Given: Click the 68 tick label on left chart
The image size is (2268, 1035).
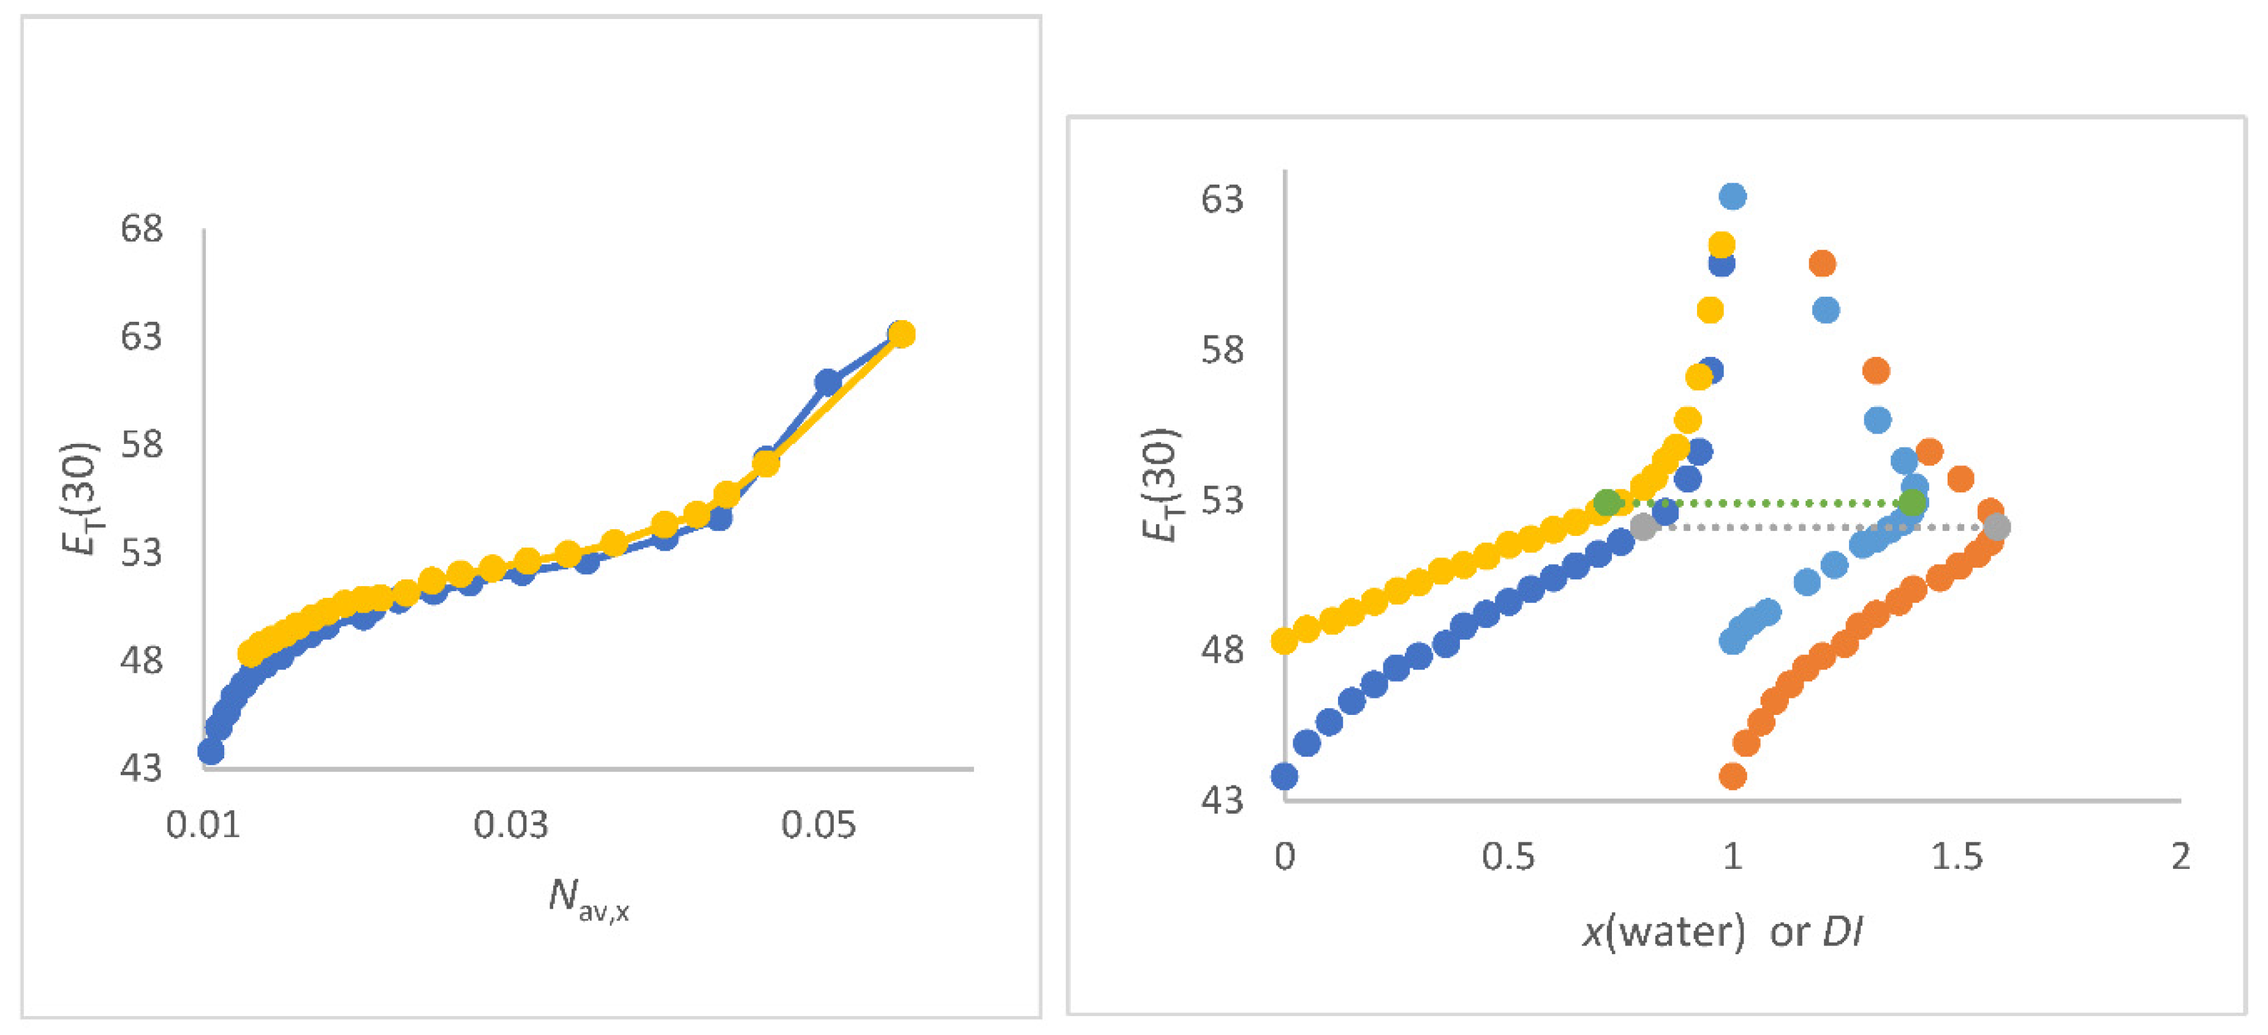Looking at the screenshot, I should pos(142,229).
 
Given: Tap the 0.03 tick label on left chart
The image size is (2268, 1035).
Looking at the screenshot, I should pos(511,825).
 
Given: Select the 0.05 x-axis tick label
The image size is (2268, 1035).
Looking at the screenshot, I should pos(818,825).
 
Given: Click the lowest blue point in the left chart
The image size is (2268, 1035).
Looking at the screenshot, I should pos(210,751).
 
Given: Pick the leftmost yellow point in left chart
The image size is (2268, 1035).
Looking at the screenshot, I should pos(251,654).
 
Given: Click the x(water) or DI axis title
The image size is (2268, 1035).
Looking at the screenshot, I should pos(1722,931).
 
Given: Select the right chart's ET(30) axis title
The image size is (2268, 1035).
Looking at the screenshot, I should pos(1160,484).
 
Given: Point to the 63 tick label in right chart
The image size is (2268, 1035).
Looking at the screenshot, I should pos(1222,200).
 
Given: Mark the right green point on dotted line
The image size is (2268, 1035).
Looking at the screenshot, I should pos(1911,503).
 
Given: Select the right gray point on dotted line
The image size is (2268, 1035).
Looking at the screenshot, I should pos(1997,527).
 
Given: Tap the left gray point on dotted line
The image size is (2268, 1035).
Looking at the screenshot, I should pos(1643,527).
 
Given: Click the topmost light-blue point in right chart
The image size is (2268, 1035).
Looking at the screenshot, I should pos(1733,196).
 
